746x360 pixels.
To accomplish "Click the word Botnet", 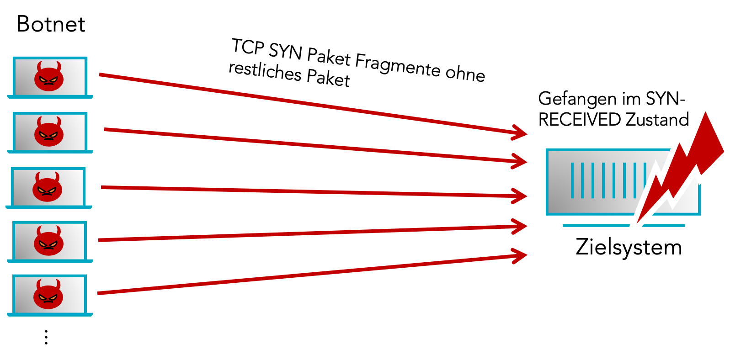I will [x=51, y=24].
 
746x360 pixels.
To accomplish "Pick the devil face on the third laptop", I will [x=47, y=187].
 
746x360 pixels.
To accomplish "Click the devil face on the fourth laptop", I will [x=48, y=241].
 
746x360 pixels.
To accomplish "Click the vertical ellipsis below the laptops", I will [x=46, y=337].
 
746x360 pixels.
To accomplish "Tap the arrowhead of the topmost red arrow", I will [x=521, y=132].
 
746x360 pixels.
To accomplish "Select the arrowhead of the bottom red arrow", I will [x=521, y=256].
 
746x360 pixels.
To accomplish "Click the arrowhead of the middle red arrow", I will [x=521, y=196].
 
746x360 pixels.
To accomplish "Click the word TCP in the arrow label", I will [x=248, y=47].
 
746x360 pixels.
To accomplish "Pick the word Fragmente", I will [x=397, y=65].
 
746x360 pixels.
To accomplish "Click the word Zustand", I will [x=657, y=120].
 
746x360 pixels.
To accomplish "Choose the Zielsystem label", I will [x=629, y=247].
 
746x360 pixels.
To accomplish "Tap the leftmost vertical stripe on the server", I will [x=572, y=180].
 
